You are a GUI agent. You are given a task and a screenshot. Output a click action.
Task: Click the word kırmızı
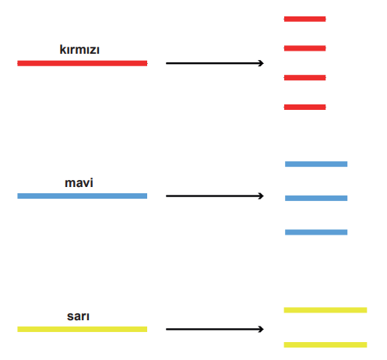[x=79, y=49]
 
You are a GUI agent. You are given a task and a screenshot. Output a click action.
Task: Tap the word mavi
[x=79, y=182]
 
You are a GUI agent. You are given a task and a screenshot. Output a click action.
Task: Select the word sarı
[x=78, y=316]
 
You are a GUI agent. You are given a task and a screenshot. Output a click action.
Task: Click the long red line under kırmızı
[x=83, y=63]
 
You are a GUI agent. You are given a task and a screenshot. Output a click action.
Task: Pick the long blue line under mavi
[x=83, y=196]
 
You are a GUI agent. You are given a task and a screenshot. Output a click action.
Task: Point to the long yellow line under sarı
[x=83, y=329]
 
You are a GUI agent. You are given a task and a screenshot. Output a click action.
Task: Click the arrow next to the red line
[x=215, y=63]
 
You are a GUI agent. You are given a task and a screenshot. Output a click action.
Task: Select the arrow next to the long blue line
[x=215, y=196]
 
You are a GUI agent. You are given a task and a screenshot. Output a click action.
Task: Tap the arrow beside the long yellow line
[x=215, y=329]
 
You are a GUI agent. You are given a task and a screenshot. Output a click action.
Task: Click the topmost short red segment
[x=304, y=19]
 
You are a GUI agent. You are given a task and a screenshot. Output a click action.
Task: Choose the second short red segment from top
[x=304, y=48]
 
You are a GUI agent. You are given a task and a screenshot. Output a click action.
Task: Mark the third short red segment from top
[x=304, y=78]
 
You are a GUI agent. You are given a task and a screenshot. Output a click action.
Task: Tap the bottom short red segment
[x=304, y=107]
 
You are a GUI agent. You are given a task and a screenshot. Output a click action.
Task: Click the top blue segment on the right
[x=316, y=164]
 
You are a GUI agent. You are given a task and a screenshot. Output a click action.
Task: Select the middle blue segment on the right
[x=316, y=198]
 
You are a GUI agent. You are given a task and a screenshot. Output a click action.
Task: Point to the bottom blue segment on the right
[x=316, y=232]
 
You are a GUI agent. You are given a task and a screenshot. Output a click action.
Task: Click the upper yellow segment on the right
[x=325, y=310]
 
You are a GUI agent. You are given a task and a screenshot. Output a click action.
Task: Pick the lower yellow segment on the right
[x=325, y=344]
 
